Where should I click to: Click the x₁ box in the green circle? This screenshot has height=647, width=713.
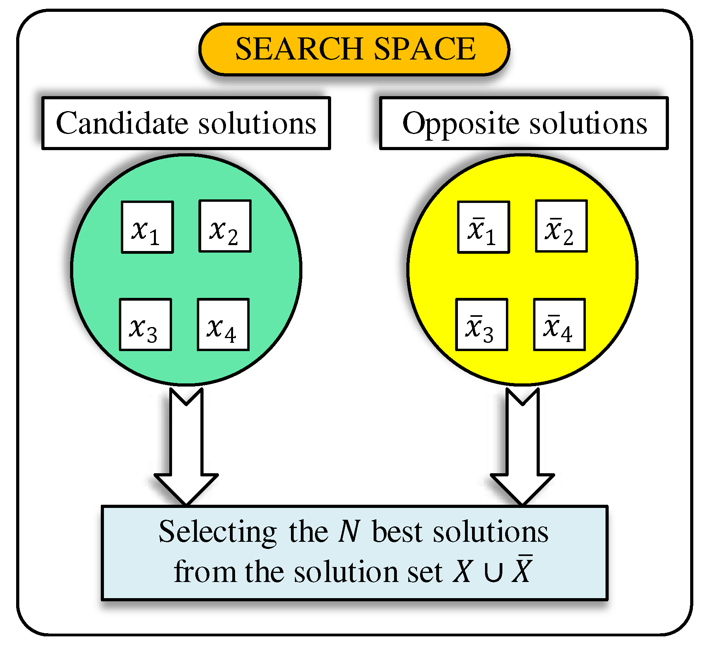[147, 227]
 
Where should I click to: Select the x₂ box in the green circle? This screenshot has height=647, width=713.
[225, 226]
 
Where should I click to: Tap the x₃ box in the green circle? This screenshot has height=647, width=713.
[145, 324]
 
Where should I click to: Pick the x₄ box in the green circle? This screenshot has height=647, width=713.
[223, 324]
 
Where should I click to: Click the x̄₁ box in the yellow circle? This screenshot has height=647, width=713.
[483, 227]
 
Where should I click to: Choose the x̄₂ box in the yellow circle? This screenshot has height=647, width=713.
[561, 226]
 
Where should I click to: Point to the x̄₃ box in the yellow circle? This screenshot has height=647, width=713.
[482, 324]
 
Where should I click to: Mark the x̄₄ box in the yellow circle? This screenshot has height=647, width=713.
[559, 324]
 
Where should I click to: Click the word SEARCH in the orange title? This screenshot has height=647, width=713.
[299, 49]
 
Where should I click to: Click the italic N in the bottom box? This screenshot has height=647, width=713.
[349, 532]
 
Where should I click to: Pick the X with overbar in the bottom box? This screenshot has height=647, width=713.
[522, 570]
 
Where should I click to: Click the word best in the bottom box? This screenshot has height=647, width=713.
[397, 532]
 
